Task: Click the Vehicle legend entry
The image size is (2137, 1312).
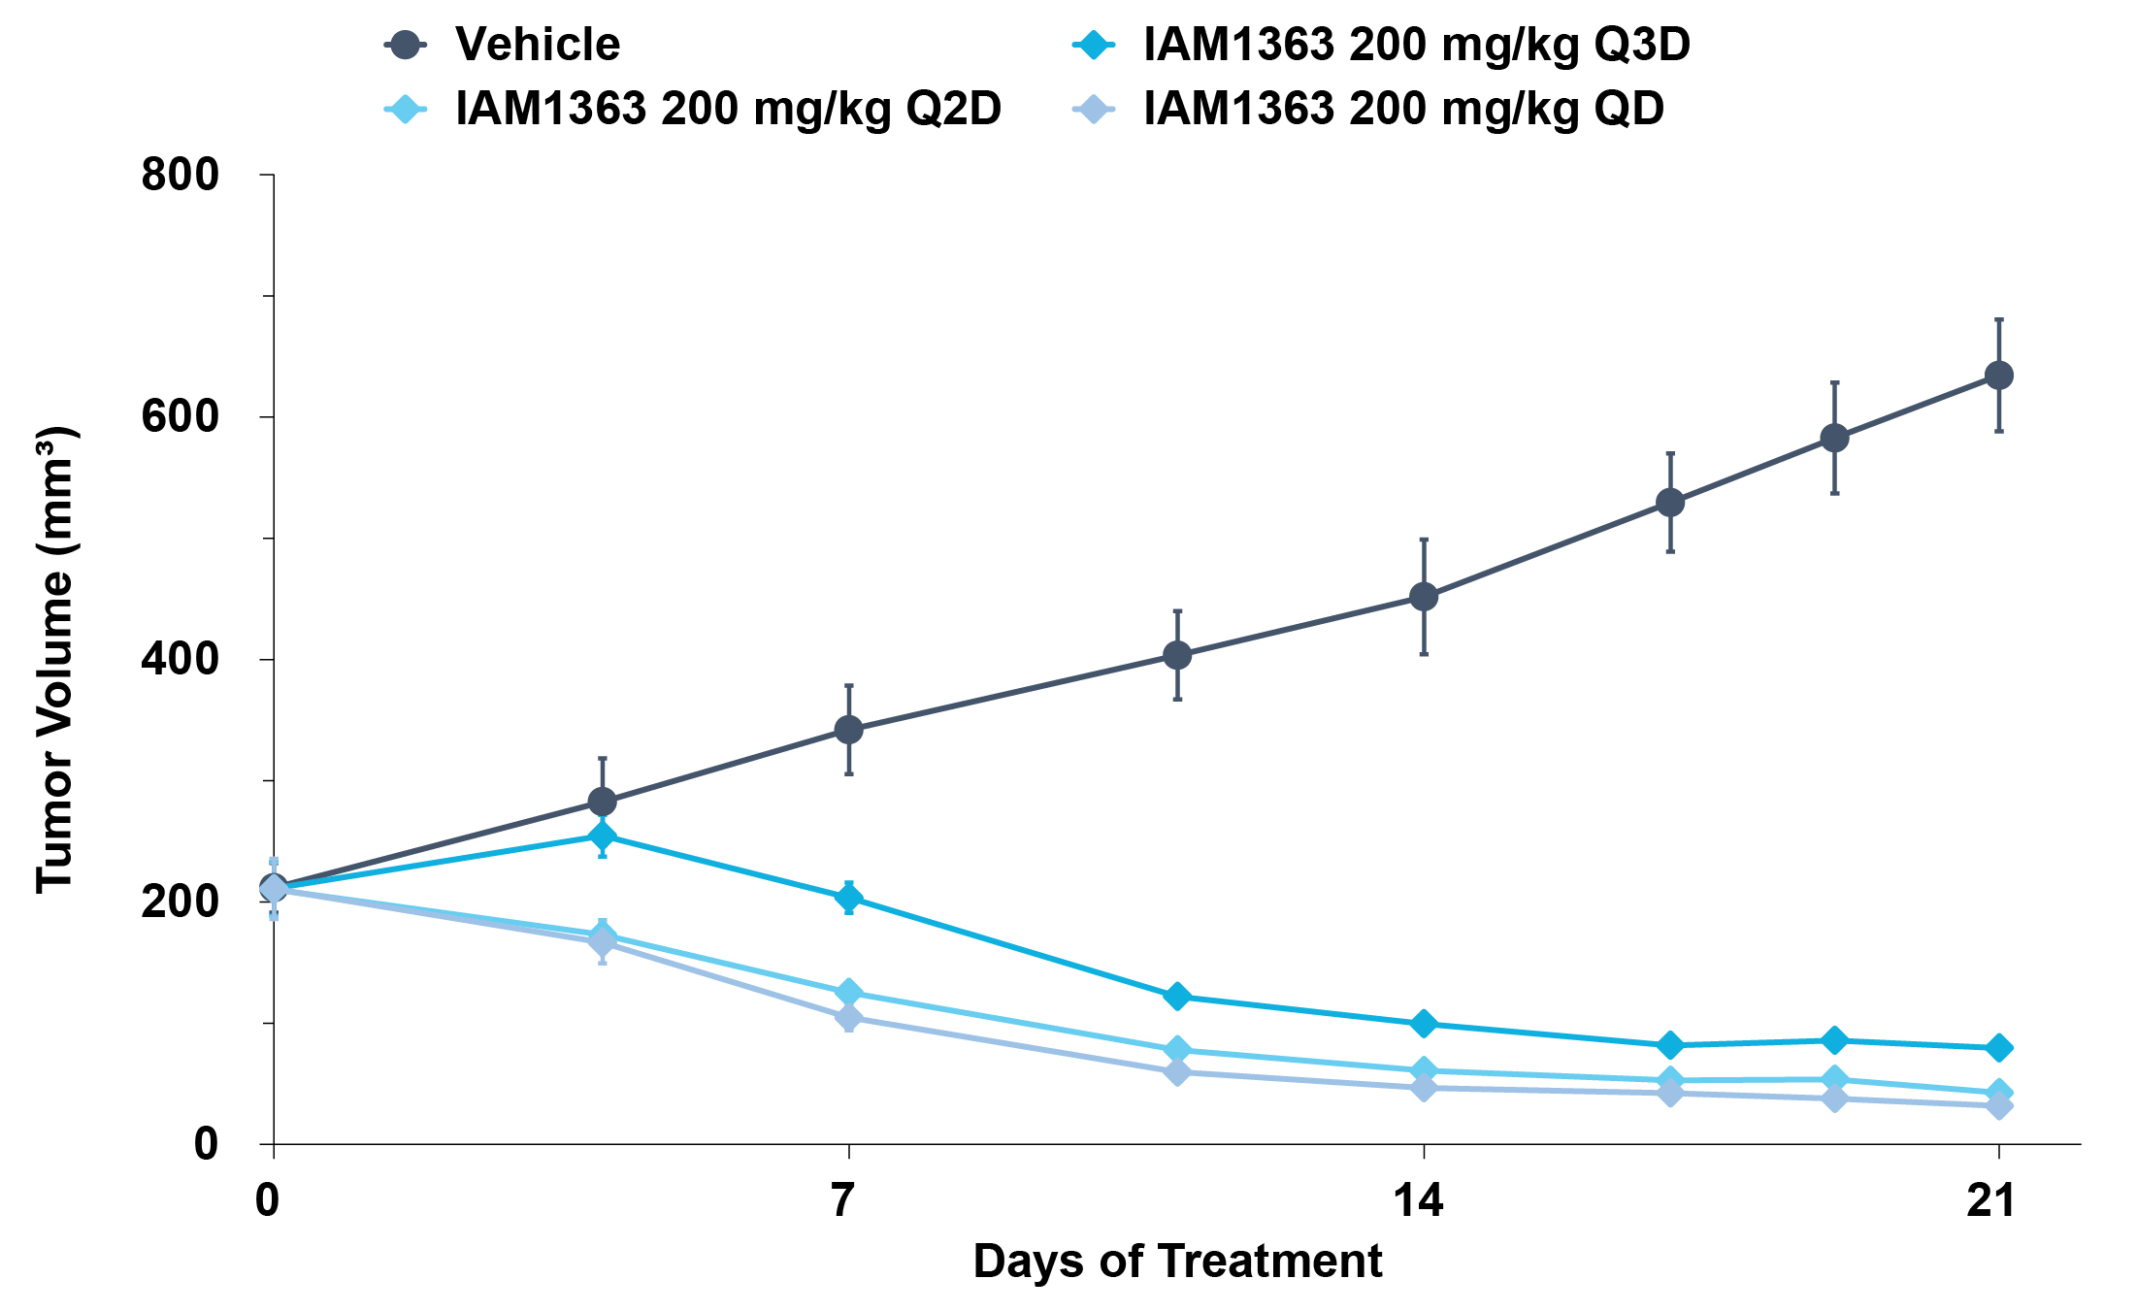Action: click(x=501, y=45)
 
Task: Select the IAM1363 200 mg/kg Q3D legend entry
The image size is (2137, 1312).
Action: click(x=1380, y=45)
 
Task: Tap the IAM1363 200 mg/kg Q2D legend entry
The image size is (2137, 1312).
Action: click(x=692, y=109)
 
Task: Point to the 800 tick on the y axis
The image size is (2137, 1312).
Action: click(x=181, y=175)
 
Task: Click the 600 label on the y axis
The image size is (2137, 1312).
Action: click(x=181, y=416)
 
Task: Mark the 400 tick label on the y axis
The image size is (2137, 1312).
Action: click(x=181, y=659)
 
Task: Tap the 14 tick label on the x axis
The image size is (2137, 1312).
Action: click(x=1419, y=1201)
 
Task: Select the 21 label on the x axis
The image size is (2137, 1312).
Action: click(x=1992, y=1201)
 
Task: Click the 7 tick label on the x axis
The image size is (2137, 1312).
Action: click(x=843, y=1201)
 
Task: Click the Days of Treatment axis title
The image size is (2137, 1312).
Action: click(x=1177, y=1262)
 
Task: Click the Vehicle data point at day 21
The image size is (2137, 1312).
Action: click(x=1998, y=376)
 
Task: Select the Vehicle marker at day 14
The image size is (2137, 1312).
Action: click(x=1424, y=597)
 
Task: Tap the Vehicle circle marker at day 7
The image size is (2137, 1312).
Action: click(x=849, y=730)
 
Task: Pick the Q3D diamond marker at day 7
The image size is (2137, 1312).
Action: click(x=849, y=899)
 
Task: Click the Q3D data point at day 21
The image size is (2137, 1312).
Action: click(x=1998, y=1048)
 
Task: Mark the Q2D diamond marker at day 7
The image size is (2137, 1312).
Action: click(x=849, y=993)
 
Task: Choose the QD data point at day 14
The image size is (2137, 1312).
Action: click(x=1424, y=1088)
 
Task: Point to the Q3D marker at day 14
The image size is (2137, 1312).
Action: click(x=1424, y=1024)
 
